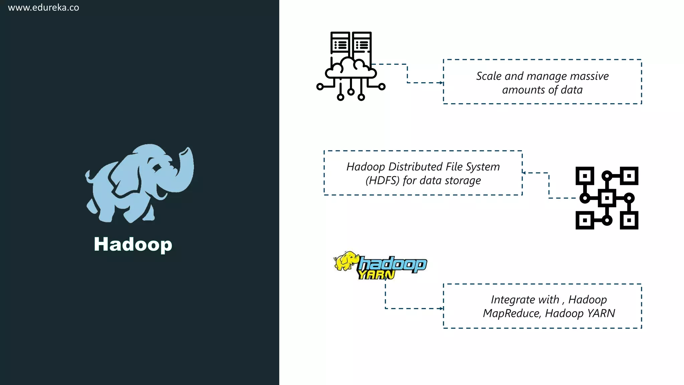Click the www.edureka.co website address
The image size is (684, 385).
pyautogui.click(x=43, y=8)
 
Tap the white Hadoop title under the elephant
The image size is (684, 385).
pyautogui.click(x=133, y=244)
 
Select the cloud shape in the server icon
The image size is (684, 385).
pyautogui.click(x=351, y=69)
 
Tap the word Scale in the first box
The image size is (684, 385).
pyautogui.click(x=489, y=76)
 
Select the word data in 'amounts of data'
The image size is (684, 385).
pyautogui.click(x=571, y=90)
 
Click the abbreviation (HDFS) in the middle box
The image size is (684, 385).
pyautogui.click(x=382, y=180)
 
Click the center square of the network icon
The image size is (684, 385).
pyautogui.click(x=607, y=198)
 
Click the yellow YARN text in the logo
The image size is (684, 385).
pyautogui.click(x=376, y=275)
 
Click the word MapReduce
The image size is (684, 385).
pyautogui.click(x=511, y=313)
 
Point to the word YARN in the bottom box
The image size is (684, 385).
pyautogui.click(x=601, y=313)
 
